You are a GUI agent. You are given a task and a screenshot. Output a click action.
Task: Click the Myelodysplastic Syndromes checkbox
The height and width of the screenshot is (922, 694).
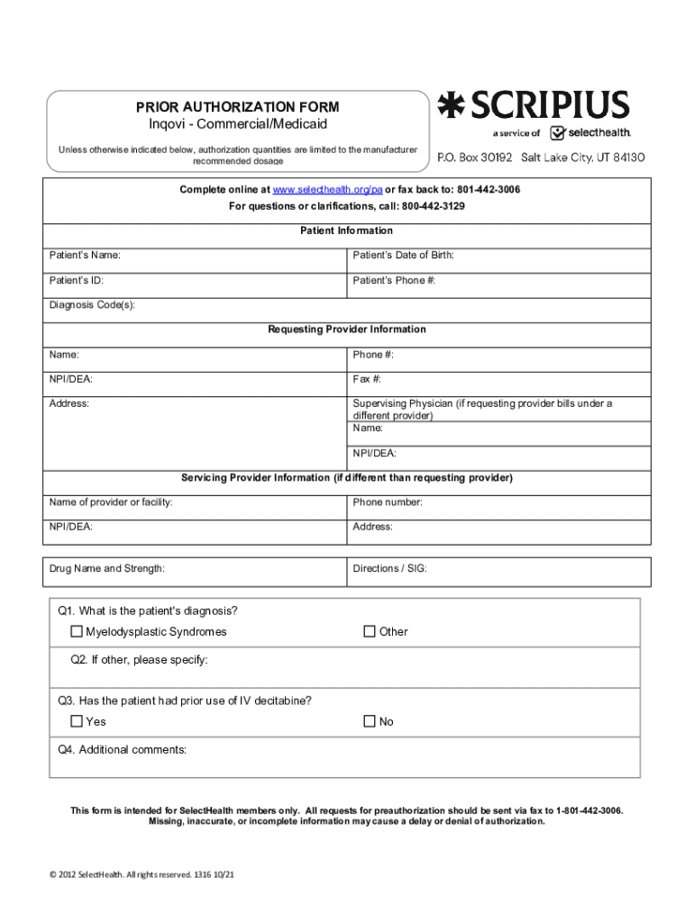[78, 631]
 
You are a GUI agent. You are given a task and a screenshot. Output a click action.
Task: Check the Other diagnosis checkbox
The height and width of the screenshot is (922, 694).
[370, 631]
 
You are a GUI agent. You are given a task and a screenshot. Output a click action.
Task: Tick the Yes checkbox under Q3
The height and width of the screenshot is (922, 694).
[78, 721]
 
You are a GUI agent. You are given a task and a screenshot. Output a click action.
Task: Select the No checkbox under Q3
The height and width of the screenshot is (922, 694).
[370, 721]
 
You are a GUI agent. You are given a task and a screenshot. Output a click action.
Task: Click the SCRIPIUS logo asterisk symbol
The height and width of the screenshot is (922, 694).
[447, 105]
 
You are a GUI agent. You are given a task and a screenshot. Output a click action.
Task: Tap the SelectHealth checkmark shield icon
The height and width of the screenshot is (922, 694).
[558, 132]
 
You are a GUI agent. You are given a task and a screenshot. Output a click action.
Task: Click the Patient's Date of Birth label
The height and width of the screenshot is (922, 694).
[403, 256]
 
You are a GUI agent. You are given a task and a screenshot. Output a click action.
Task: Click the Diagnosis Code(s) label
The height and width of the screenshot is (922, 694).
[92, 305]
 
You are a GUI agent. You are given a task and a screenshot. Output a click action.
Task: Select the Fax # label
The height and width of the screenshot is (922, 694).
[367, 379]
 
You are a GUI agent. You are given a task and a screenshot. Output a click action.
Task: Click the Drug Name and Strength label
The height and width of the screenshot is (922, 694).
[107, 568]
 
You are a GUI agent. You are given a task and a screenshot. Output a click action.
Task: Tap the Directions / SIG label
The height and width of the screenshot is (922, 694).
[390, 568]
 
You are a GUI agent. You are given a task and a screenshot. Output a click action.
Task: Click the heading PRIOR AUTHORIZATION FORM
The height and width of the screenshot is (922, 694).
[237, 107]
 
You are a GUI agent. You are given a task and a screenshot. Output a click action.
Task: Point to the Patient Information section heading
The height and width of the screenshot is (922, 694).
[346, 231]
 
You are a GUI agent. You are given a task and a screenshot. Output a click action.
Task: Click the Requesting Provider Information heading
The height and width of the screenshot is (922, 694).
[346, 330]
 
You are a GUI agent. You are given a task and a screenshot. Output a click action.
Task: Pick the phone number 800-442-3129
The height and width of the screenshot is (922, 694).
[434, 206]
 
